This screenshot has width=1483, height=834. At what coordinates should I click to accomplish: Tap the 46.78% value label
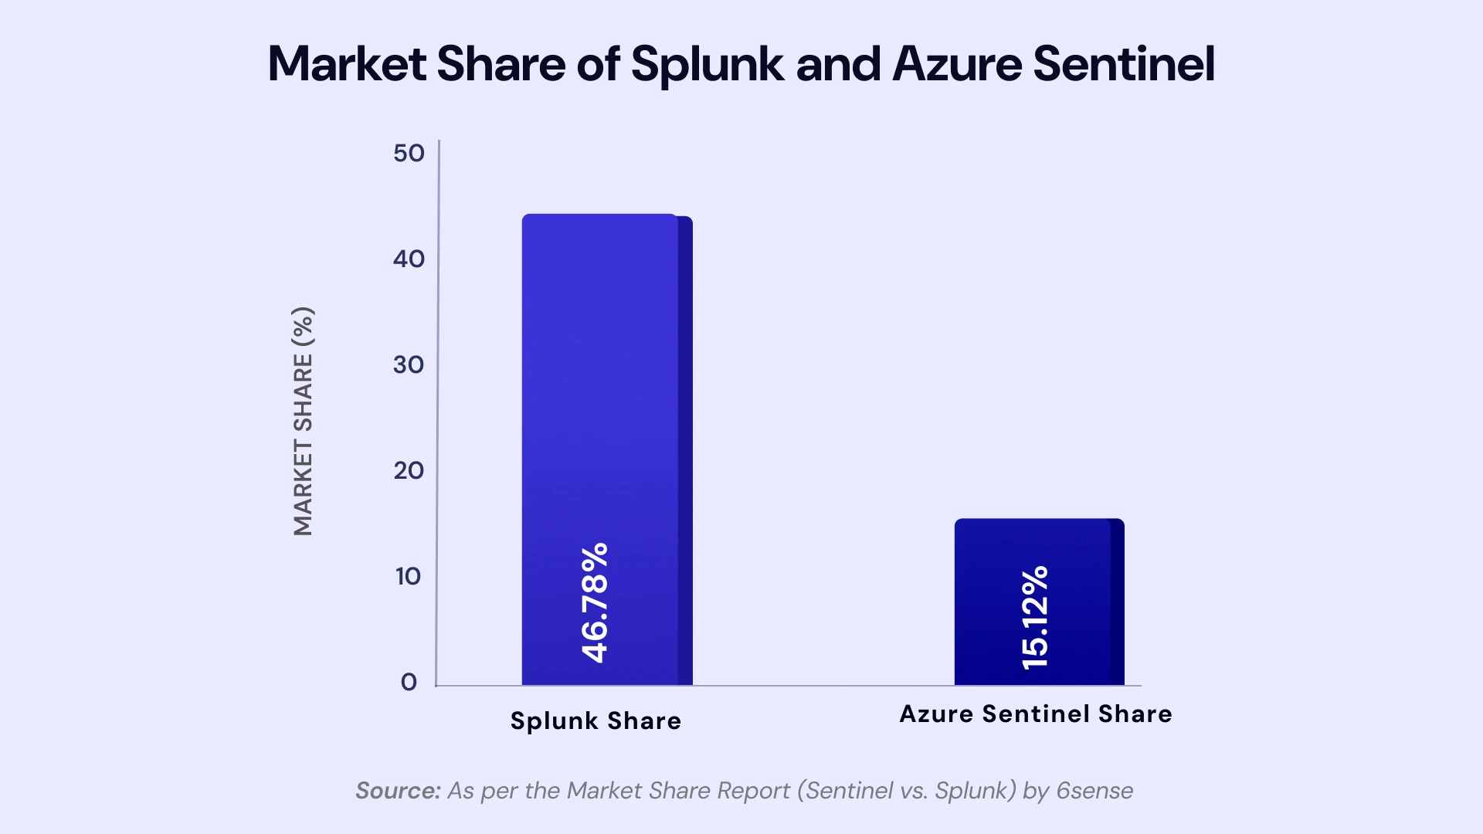pyautogui.click(x=595, y=602)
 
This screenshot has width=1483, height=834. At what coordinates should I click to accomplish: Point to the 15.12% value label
pyautogui.click(x=1035, y=618)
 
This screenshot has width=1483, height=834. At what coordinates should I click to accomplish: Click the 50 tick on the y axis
pyautogui.click(x=409, y=153)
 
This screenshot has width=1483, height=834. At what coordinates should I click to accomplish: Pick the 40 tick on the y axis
pyautogui.click(x=409, y=259)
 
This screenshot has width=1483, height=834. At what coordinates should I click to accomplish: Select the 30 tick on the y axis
pyautogui.click(x=409, y=364)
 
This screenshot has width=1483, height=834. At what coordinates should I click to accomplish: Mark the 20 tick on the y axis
pyautogui.click(x=409, y=470)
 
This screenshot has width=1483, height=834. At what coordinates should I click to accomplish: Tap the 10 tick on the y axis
pyautogui.click(x=408, y=576)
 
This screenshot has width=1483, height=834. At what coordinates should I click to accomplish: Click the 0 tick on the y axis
pyautogui.click(x=409, y=682)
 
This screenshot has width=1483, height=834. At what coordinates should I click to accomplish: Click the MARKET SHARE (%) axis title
pyautogui.click(x=303, y=421)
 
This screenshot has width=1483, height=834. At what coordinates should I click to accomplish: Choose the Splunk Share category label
pyautogui.click(x=596, y=720)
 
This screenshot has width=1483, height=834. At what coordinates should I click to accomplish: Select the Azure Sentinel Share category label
pyautogui.click(x=1036, y=714)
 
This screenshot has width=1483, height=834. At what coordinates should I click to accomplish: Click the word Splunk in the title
pyautogui.click(x=708, y=64)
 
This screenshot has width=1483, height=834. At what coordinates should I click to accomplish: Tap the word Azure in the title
pyautogui.click(x=957, y=64)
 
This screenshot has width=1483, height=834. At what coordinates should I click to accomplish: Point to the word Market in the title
pyautogui.click(x=347, y=64)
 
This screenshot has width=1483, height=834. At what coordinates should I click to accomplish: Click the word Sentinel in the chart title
pyautogui.click(x=1124, y=64)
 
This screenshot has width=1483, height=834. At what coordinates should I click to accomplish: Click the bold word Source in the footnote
pyautogui.click(x=397, y=791)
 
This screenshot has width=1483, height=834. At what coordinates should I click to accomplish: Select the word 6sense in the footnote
pyautogui.click(x=1094, y=791)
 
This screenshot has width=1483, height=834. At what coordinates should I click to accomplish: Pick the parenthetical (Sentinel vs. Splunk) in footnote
pyautogui.click(x=906, y=791)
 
